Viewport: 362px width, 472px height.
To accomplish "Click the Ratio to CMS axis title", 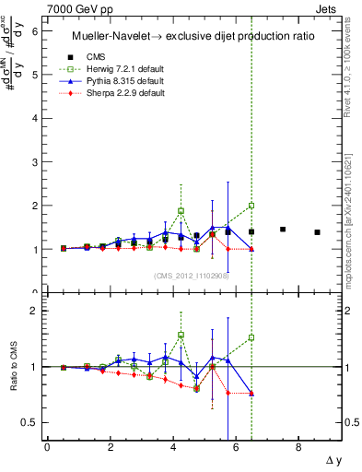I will tap(14, 367).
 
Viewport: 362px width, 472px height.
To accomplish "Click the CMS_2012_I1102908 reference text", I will tap(192, 276).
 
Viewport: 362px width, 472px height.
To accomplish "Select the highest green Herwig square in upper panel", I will tap(251, 206).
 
